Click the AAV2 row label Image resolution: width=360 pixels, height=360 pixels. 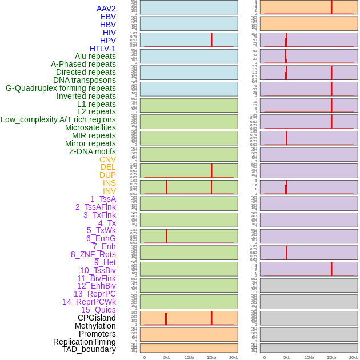106,9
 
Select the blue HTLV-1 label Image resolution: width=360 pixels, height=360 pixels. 103,49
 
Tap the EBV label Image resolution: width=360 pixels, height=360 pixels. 108,17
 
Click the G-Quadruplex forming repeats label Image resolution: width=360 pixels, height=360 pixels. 61,88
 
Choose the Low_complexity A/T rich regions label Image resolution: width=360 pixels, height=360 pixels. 58,119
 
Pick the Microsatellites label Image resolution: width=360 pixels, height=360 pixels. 90,127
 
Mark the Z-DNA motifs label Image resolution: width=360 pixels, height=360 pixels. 93,151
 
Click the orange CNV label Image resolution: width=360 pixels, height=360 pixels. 107,159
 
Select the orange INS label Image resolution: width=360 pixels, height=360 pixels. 109,183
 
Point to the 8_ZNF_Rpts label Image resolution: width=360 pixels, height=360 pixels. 93,254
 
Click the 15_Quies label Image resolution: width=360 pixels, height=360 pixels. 98,310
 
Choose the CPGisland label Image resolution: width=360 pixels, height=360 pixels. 97,318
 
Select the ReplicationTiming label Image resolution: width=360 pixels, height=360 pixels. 85,342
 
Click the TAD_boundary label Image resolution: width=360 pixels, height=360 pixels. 89,349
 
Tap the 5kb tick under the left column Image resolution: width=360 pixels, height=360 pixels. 167,357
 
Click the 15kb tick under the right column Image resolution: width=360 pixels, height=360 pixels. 331,357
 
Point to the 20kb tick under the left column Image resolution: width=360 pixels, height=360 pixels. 234,357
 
